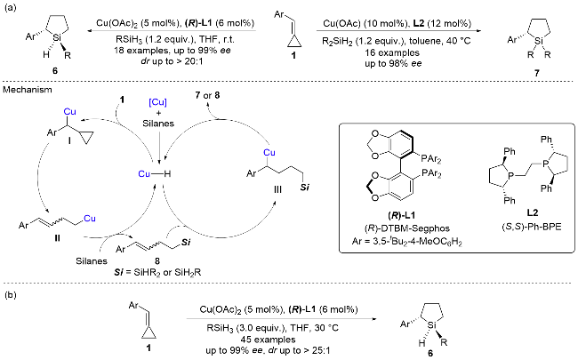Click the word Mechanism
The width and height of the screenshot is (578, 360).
28,90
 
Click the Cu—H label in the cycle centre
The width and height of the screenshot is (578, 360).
155,173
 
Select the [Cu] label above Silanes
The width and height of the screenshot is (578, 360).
157,102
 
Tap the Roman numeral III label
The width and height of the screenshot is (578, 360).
277,189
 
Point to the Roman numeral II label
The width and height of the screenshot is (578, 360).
57,238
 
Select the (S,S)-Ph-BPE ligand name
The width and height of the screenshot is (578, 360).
531,227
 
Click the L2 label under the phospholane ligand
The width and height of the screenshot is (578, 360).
533,212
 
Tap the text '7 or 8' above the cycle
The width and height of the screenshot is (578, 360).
207,95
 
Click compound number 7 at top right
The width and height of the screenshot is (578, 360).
537,73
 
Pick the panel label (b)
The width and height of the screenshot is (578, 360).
10,295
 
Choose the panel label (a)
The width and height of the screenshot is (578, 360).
10,8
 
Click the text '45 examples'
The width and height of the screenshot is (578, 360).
268,339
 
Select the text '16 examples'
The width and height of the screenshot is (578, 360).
392,52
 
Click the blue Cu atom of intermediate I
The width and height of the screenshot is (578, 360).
69,112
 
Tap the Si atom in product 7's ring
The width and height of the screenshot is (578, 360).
539,41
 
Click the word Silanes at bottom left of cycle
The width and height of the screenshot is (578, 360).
92,261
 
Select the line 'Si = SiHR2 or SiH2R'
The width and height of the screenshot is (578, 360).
157,273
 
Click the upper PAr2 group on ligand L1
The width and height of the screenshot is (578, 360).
431,159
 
